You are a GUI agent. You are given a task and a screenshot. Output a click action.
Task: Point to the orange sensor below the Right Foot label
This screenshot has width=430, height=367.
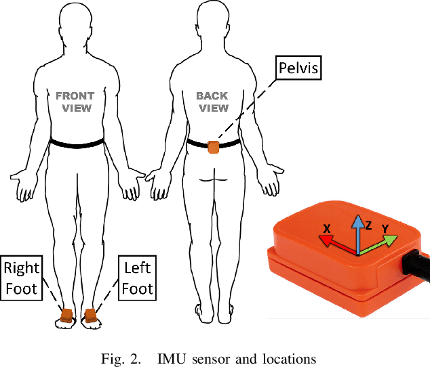66,315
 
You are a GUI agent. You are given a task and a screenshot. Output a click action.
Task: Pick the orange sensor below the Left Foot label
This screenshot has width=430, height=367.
90,315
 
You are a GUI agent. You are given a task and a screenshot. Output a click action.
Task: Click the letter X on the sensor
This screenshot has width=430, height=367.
327,230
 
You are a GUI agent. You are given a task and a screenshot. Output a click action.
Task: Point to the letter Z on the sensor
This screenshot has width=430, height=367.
368,225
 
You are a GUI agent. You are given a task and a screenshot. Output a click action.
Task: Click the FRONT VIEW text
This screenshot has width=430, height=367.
75,102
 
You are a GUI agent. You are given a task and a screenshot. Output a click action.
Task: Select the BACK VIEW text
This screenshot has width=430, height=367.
212,102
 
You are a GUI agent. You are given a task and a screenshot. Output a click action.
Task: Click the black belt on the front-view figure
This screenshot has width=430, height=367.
76,143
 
